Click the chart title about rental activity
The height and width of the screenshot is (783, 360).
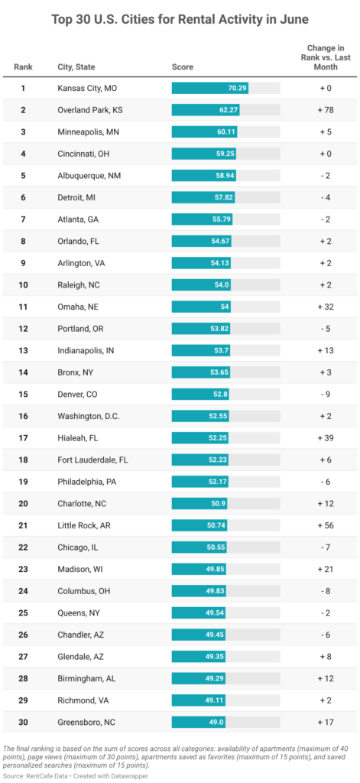tap(180, 18)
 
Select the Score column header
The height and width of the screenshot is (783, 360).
tap(182, 67)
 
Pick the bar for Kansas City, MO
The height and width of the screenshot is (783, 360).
tap(210, 88)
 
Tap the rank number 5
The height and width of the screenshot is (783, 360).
tap(23, 175)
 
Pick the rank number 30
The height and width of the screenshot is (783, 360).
tap(23, 722)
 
